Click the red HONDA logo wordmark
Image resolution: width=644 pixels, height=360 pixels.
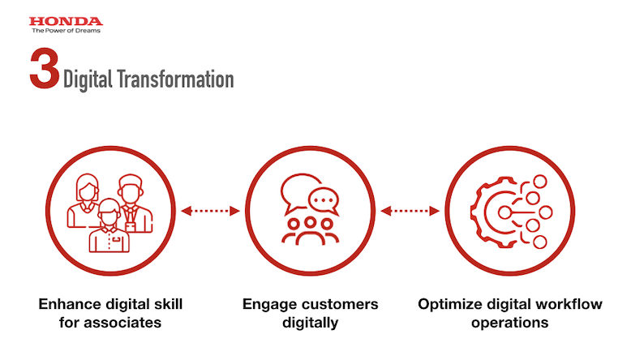click(66, 21)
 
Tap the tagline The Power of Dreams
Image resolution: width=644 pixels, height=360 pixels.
click(67, 30)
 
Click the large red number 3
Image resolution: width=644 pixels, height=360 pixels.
click(45, 69)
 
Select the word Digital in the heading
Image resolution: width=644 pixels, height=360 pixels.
click(88, 79)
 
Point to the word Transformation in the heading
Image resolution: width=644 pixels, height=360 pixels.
click(175, 79)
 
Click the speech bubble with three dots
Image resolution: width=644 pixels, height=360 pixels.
click(324, 201)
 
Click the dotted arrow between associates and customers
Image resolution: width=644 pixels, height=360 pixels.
click(210, 211)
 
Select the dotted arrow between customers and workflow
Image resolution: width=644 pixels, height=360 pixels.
click(410, 211)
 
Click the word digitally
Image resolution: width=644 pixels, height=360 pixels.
click(311, 323)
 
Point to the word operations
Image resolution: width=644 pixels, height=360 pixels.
click(509, 323)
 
